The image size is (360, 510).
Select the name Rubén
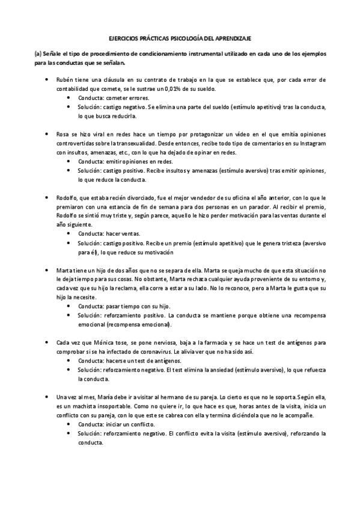point(65,80)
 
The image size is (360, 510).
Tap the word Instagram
point(309,144)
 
